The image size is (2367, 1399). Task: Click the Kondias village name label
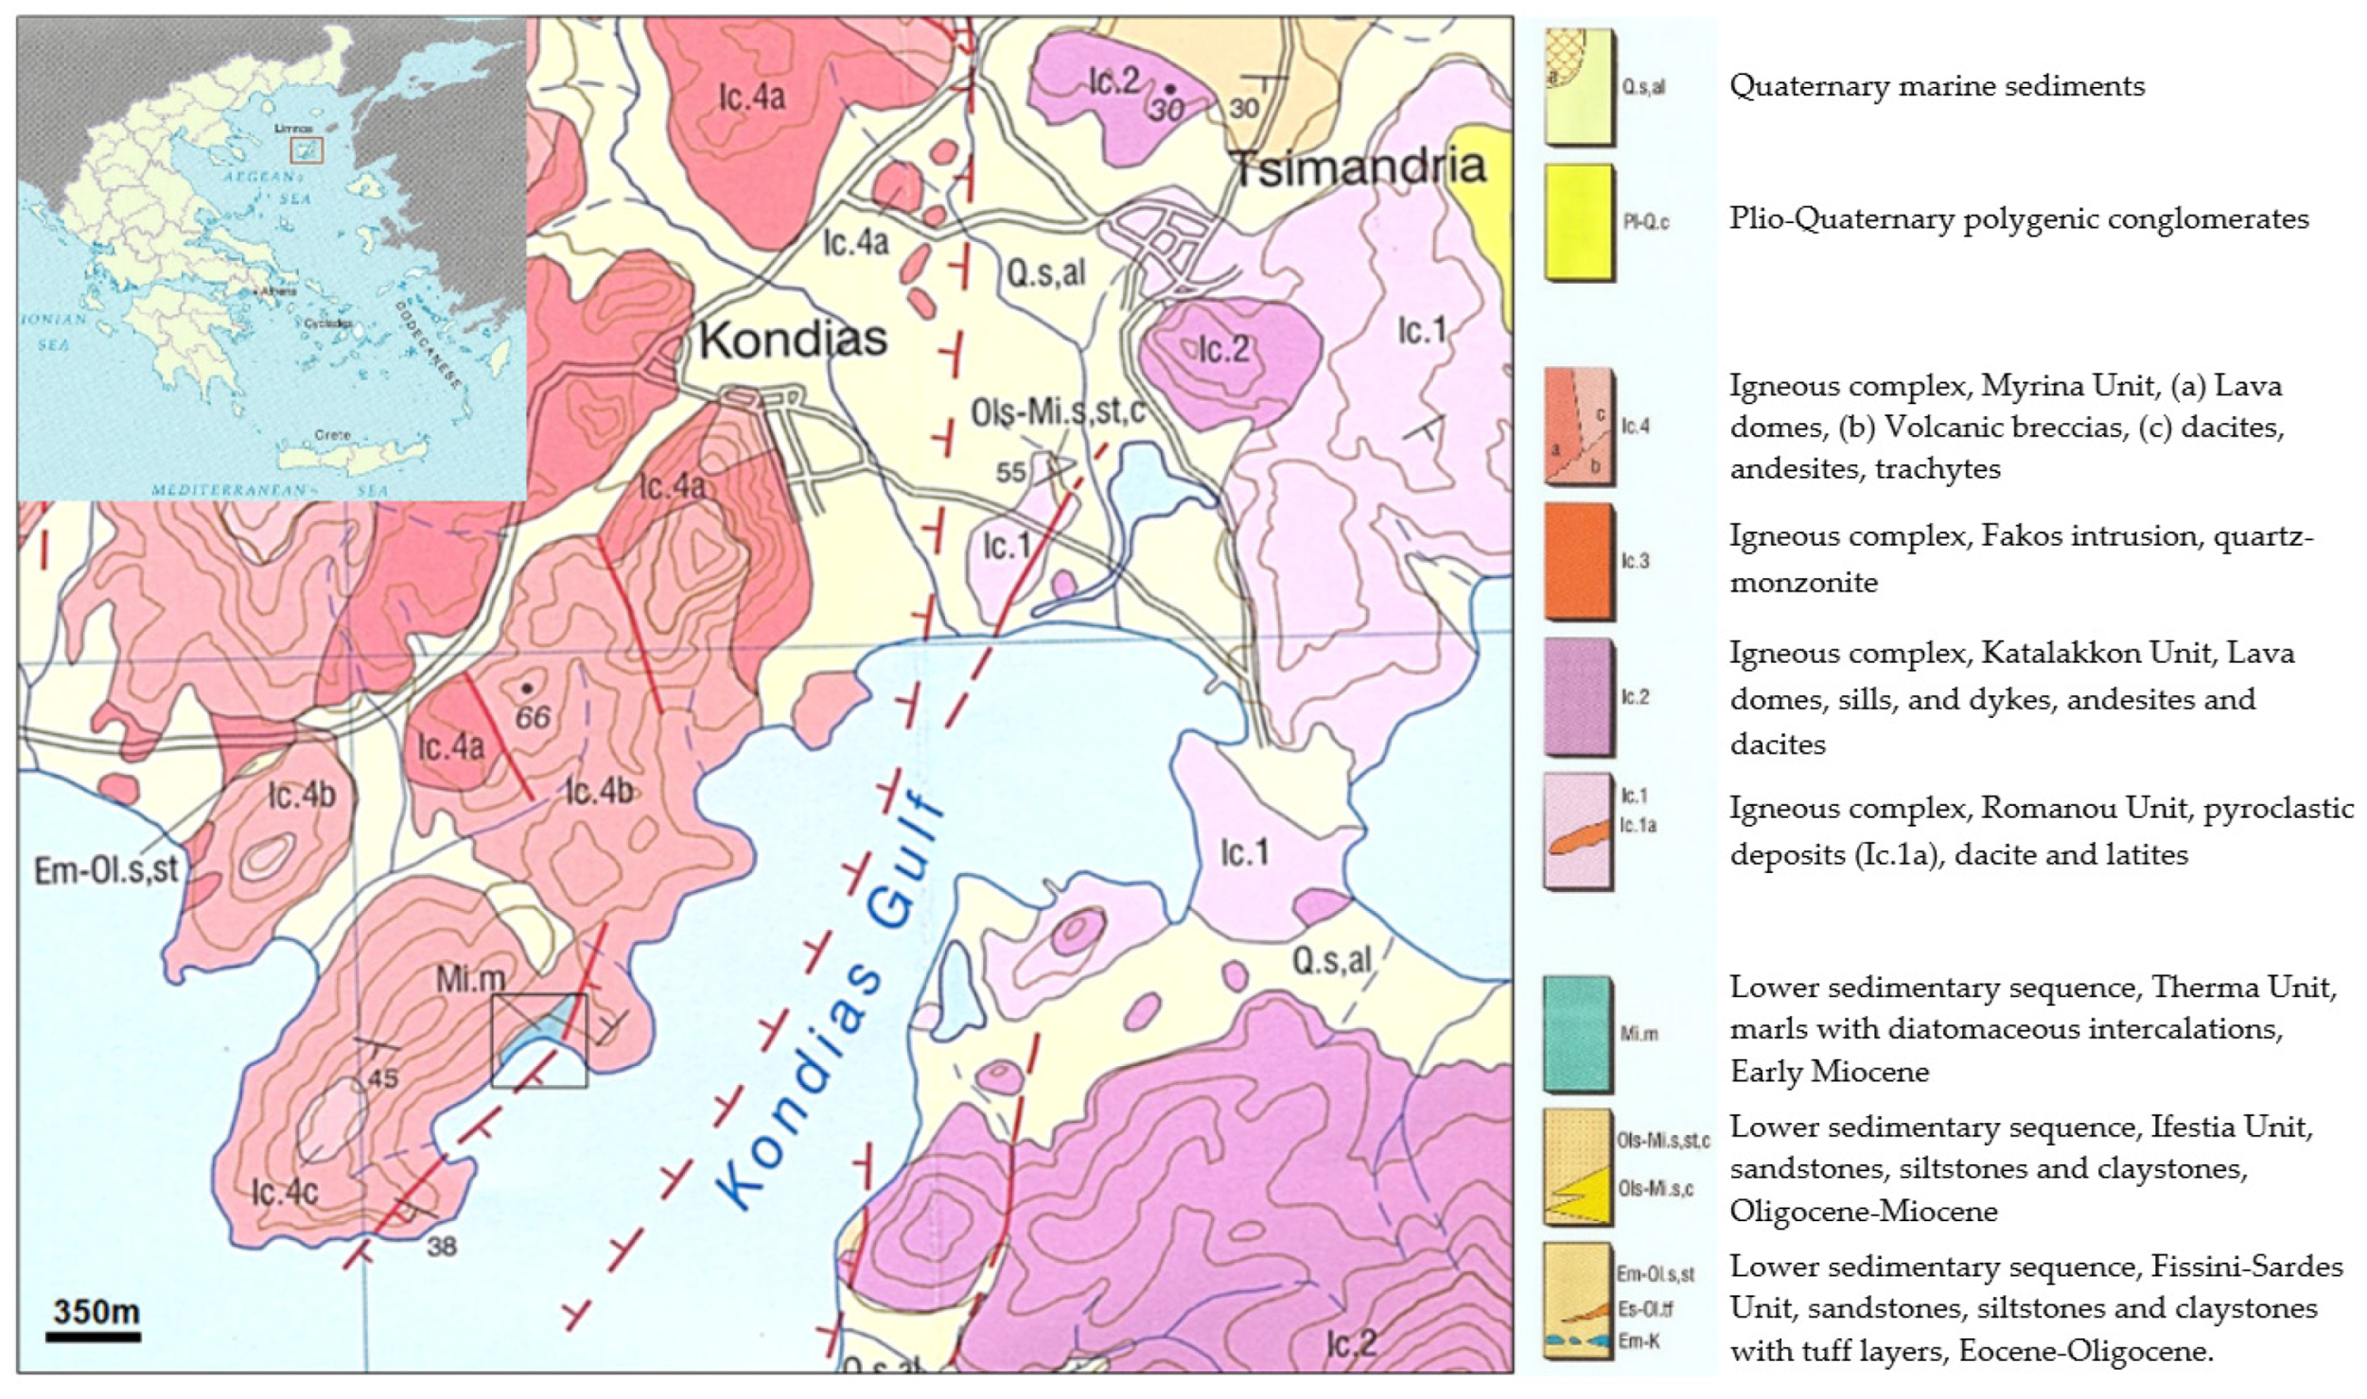click(x=793, y=339)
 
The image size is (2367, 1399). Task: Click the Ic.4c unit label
click(x=285, y=1192)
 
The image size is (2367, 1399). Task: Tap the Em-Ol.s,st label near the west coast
click(x=106, y=869)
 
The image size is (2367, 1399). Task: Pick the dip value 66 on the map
click(x=533, y=717)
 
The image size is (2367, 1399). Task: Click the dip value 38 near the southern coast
click(x=442, y=1246)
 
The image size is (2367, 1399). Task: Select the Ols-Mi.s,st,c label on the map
click(x=1058, y=412)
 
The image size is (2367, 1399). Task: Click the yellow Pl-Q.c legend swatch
click(x=1578, y=222)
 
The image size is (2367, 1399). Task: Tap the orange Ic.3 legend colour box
click(x=1578, y=560)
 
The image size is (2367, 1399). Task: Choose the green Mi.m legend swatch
click(x=1577, y=1033)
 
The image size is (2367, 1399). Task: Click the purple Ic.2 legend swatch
click(x=1578, y=697)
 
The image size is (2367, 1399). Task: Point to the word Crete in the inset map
click(x=332, y=435)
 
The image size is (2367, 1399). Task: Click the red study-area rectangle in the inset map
click(x=307, y=150)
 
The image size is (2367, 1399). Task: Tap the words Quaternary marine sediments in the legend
click(x=1937, y=86)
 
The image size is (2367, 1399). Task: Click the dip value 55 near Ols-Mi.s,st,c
click(x=1010, y=471)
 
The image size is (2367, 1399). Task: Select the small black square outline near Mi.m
click(x=539, y=1040)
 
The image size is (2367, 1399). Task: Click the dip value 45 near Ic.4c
click(x=382, y=1077)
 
